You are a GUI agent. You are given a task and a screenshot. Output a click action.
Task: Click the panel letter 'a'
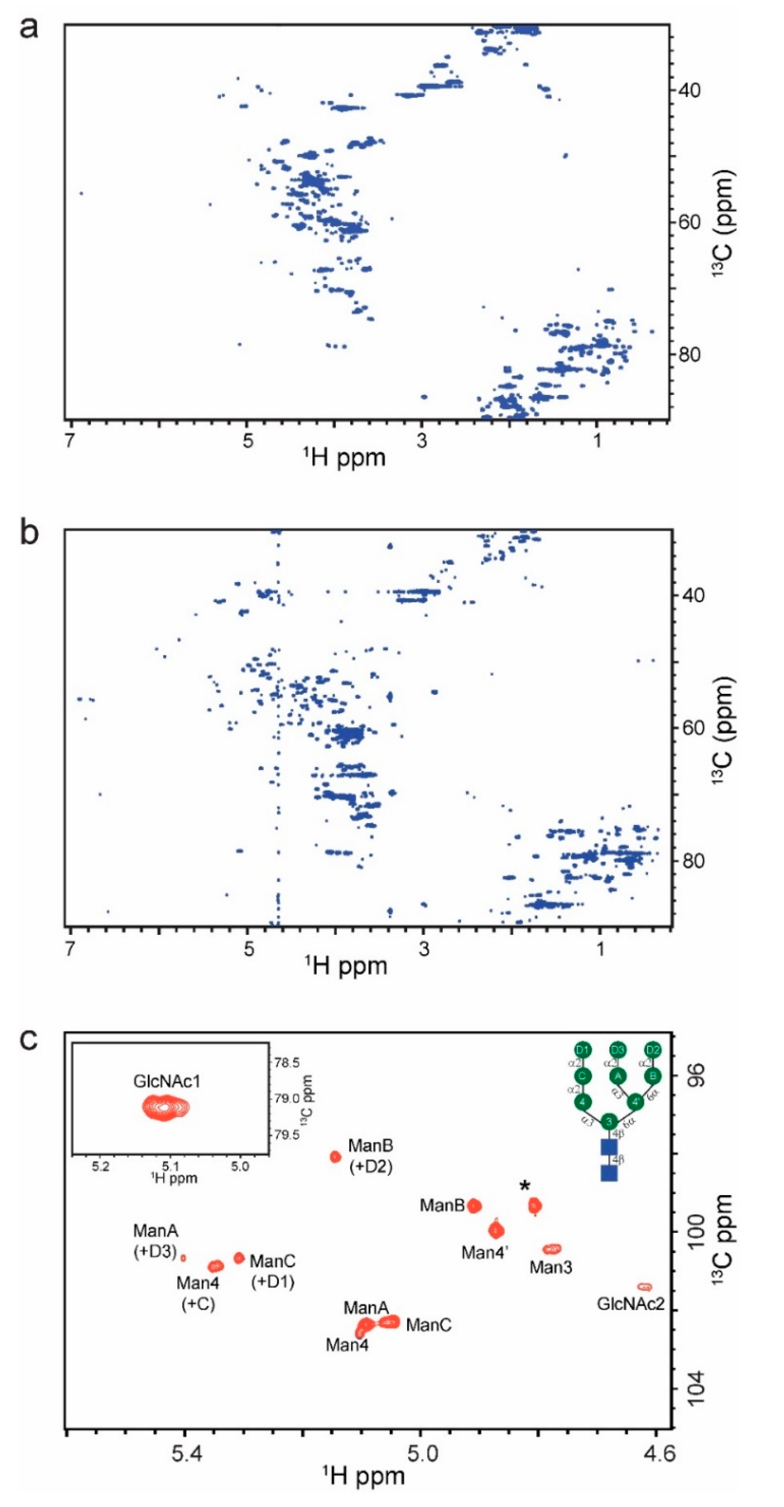click(x=29, y=28)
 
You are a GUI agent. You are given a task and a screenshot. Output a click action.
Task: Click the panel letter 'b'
click(x=29, y=534)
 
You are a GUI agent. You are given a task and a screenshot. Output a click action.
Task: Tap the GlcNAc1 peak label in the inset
click(x=167, y=1081)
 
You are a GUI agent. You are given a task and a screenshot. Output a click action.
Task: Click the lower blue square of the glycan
click(x=609, y=1173)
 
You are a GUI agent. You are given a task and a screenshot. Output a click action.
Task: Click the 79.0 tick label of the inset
click(x=287, y=1098)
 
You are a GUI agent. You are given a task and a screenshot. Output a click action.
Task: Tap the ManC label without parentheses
click(x=428, y=1325)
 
